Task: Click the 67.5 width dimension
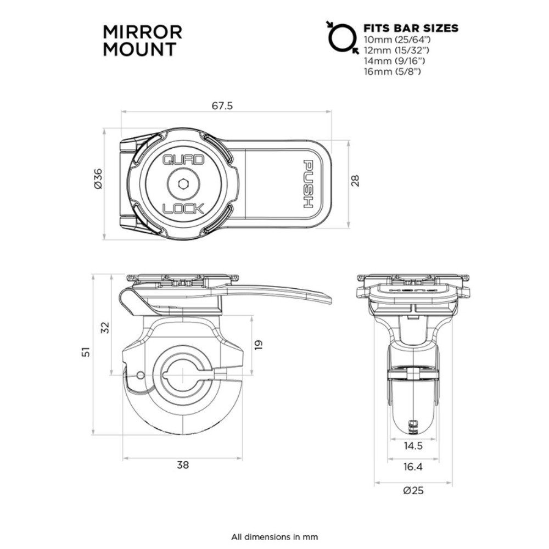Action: point(222,105)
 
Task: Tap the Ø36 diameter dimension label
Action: point(98,178)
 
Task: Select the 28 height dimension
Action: point(355,181)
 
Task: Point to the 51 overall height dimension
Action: point(86,352)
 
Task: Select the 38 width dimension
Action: point(183,465)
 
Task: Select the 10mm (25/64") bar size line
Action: point(400,41)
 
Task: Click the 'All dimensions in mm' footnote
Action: point(274,536)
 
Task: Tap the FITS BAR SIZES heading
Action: point(411,28)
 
